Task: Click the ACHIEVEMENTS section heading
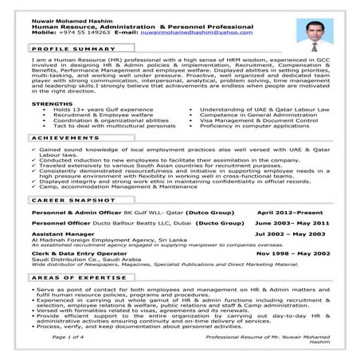[x=61, y=139]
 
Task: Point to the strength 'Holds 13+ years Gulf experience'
[x=103, y=109]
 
